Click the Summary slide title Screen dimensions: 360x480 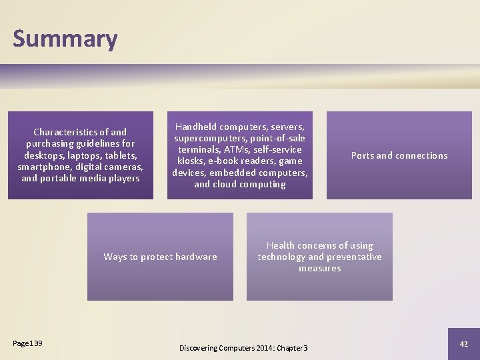point(65,39)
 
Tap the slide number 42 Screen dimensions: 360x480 point(464,344)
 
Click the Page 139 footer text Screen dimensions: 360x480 point(27,343)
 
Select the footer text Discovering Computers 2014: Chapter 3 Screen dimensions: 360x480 point(243,348)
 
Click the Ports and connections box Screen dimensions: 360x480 point(399,155)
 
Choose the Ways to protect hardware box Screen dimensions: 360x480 point(160,257)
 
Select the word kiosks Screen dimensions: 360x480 point(191,161)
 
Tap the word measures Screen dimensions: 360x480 point(320,268)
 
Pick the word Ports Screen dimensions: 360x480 point(363,155)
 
